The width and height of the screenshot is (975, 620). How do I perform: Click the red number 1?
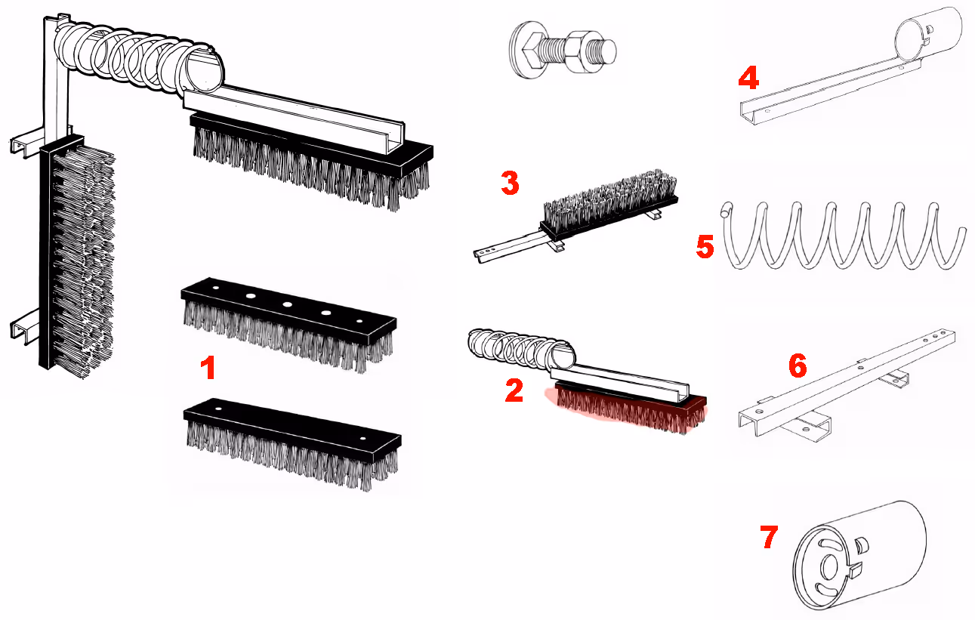coord(208,368)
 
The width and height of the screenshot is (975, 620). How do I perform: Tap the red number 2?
coord(514,390)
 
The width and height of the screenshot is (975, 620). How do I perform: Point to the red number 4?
coord(748,78)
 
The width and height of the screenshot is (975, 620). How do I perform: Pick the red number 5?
coord(705,247)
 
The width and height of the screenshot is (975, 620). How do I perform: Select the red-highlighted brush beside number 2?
coord(628,407)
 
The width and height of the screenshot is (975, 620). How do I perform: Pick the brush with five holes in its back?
coord(288,324)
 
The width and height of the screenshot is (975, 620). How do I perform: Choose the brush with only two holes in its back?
coord(292,443)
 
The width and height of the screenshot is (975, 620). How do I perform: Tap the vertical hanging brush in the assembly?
coord(76,257)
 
